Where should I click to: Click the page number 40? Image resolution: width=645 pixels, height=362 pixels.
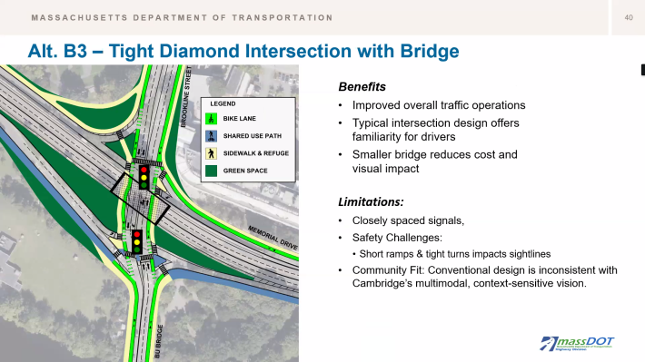tap(628, 18)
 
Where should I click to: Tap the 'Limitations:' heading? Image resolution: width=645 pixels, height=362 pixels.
tap(371, 201)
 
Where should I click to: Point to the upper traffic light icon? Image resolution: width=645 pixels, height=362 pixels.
tap(144, 175)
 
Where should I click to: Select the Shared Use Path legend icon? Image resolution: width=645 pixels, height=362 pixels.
tap(212, 136)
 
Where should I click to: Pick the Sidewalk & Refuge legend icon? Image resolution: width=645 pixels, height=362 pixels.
tap(212, 153)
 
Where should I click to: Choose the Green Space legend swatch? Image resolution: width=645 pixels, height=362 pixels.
tap(212, 171)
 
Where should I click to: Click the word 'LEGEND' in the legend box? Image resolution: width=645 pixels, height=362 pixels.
tap(223, 103)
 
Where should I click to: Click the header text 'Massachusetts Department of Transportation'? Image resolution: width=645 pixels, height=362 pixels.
tap(182, 18)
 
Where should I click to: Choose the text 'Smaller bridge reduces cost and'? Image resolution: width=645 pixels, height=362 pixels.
tap(432, 154)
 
